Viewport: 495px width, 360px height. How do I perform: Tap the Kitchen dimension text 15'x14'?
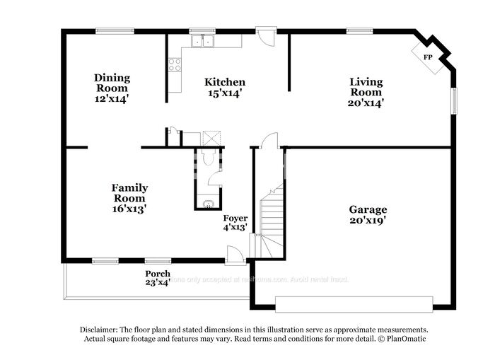(x=225, y=93)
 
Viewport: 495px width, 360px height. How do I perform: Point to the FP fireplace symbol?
(x=428, y=57)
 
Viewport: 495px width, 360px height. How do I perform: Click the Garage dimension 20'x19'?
(x=367, y=220)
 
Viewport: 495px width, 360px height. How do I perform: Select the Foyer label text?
(x=235, y=218)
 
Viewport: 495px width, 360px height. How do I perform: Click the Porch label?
(x=157, y=274)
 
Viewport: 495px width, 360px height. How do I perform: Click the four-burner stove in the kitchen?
(x=174, y=65)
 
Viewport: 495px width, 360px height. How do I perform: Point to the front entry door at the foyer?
(x=235, y=254)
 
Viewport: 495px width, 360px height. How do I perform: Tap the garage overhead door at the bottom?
(x=353, y=304)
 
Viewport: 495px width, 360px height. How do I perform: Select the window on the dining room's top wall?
(x=115, y=30)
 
